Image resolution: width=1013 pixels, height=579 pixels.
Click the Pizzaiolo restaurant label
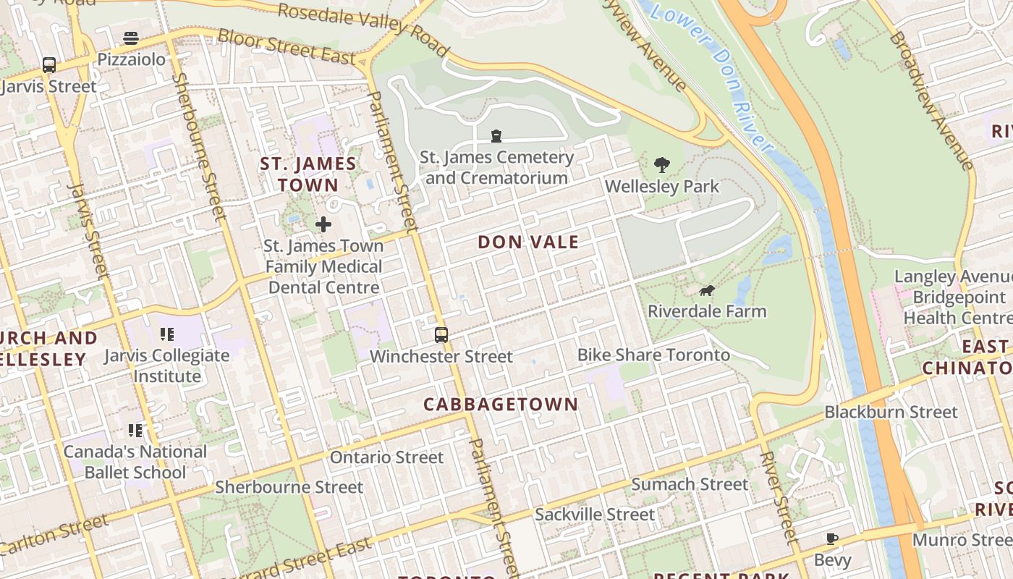132,59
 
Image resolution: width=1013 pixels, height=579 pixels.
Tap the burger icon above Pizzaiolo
131,38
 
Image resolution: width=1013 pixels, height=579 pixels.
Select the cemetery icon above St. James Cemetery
496,135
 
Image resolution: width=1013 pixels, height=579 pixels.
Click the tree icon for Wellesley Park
661,165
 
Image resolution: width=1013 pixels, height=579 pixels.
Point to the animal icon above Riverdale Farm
707,291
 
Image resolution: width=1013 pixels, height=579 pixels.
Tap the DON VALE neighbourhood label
528,242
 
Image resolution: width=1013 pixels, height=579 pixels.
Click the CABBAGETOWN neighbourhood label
501,405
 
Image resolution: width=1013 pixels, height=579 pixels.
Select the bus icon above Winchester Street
441,335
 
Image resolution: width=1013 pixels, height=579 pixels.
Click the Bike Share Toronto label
653,355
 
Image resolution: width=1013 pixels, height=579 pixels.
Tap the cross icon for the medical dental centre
323,224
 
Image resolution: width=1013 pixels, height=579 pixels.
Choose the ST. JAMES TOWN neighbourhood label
308,174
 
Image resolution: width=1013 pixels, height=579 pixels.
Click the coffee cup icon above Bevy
832,538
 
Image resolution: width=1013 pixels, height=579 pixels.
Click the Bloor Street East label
287,47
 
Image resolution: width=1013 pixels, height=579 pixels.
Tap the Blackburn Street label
891,412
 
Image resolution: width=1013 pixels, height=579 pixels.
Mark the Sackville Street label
595,515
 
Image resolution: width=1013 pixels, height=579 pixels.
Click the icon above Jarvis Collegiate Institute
166,334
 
